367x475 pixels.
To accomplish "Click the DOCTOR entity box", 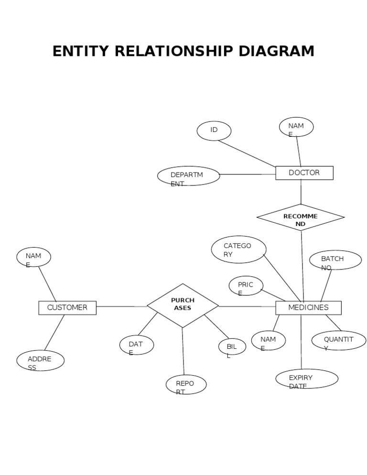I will [304, 173].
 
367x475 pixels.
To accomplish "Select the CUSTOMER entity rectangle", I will [67, 308].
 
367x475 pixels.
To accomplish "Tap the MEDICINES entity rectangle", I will [308, 308].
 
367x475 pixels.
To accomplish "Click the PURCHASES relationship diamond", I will [183, 305].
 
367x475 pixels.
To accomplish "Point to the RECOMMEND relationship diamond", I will [301, 217].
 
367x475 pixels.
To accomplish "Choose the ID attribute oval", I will [214, 131].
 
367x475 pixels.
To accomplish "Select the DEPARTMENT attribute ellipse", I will [189, 176].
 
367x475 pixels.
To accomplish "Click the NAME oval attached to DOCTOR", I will [296, 127].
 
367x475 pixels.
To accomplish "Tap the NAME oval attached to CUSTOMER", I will [33, 257].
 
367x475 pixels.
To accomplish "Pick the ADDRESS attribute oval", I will [40, 360].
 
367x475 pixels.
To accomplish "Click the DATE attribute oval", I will [136, 345].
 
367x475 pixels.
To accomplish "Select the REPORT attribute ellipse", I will [186, 385].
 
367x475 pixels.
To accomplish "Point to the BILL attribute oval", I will [232, 347].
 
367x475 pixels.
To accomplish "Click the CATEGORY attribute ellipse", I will [238, 249].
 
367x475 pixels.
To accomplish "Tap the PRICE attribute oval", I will [246, 286].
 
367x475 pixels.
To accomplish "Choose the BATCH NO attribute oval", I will [335, 260].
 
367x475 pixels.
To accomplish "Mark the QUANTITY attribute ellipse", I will [339, 340].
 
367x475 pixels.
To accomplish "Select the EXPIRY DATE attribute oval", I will [307, 378].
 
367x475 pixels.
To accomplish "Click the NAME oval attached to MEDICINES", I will [269, 340].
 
